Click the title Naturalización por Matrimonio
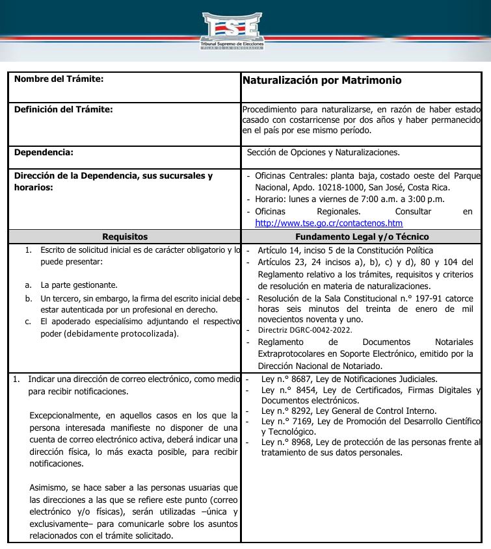(x=321, y=81)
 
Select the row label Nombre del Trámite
(x=59, y=79)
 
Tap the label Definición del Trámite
(x=63, y=109)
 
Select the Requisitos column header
(x=125, y=237)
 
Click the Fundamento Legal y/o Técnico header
(x=362, y=237)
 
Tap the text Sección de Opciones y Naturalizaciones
(x=323, y=153)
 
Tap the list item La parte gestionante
(x=79, y=285)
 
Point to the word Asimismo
(x=48, y=488)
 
